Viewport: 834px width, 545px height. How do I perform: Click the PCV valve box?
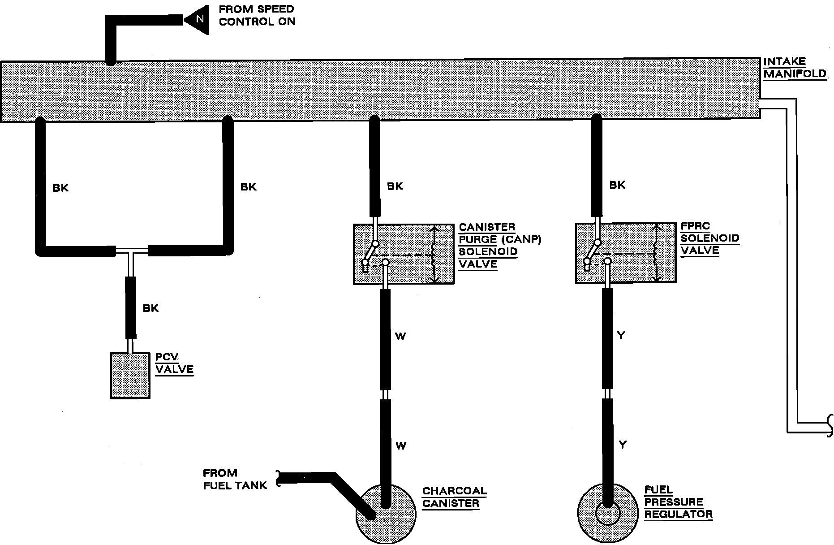(130, 376)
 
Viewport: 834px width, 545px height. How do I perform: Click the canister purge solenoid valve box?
(404, 254)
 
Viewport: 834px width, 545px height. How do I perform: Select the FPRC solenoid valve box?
(626, 253)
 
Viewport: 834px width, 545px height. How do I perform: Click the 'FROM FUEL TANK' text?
(235, 479)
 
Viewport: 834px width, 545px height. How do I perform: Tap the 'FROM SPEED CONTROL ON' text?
(257, 15)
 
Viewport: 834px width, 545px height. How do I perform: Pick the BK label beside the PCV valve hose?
(150, 308)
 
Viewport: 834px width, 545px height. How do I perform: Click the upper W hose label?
(400, 337)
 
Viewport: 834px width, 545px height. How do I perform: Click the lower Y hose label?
(622, 445)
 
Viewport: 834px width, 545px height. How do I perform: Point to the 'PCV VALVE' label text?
(174, 363)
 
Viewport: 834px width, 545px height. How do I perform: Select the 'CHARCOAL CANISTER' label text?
(454, 497)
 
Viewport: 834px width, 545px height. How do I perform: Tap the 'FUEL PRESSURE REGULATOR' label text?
(678, 502)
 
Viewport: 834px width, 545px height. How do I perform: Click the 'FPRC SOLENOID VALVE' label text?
(709, 238)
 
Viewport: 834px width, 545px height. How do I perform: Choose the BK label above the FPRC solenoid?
(617, 185)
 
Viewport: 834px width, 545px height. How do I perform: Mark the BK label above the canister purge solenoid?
(395, 186)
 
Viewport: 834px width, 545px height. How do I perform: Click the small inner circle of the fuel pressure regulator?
(607, 514)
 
